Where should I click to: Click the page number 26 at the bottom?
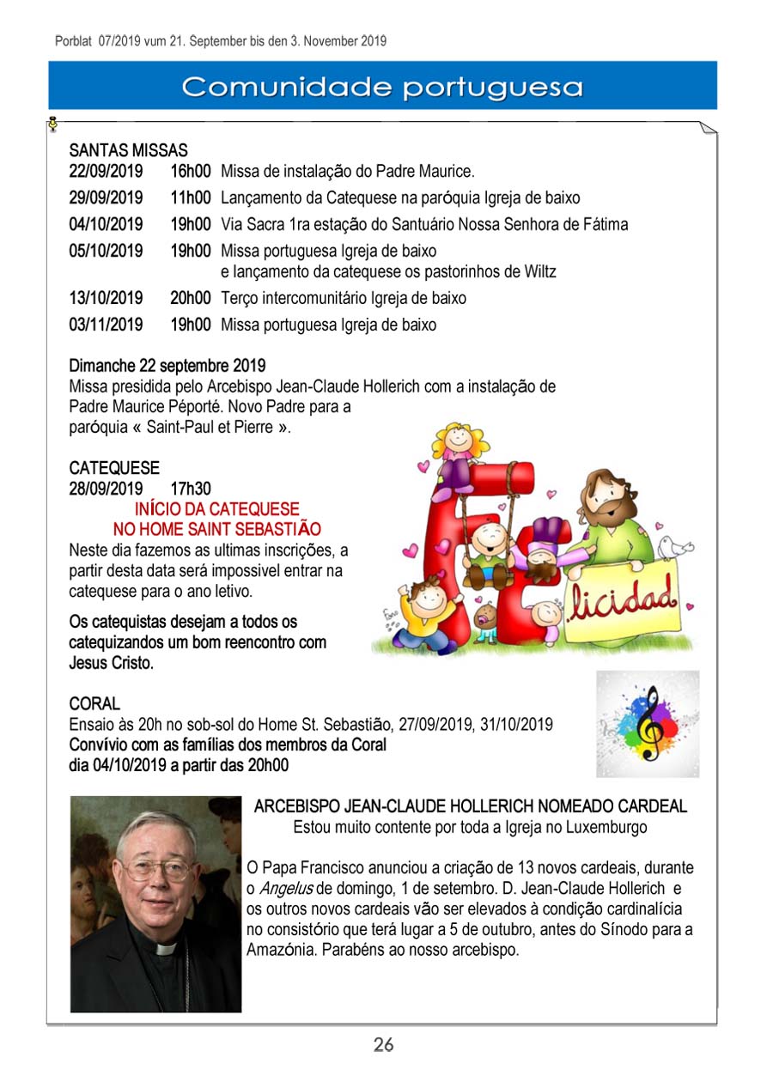(383, 1044)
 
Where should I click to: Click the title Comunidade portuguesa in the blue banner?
(383, 87)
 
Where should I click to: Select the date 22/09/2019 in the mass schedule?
(106, 171)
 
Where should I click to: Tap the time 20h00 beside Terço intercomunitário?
(190, 299)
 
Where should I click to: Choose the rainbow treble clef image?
(648, 723)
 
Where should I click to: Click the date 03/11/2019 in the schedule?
(106, 325)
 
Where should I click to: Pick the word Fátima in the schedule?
(605, 225)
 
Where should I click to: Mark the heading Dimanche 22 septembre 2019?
(167, 367)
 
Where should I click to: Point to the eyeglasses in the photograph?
(159, 870)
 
